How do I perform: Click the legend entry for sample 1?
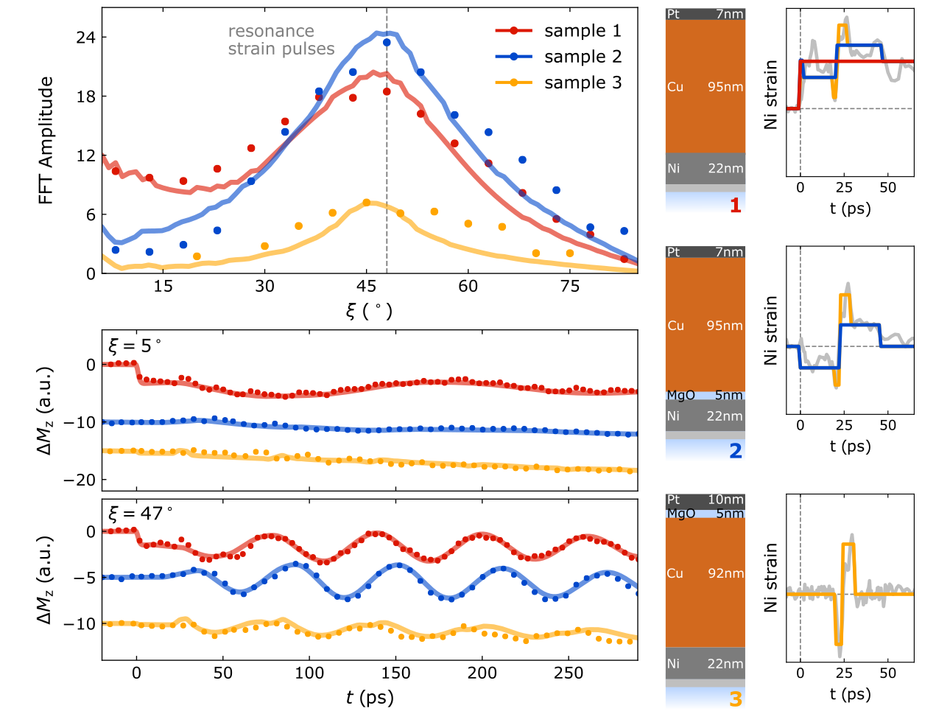(x=582, y=31)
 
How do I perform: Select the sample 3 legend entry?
(x=582, y=83)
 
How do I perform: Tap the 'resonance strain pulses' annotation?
(x=281, y=40)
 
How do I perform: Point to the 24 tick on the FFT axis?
(x=86, y=38)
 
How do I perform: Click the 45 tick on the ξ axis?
(x=366, y=287)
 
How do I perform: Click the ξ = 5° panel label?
(x=135, y=345)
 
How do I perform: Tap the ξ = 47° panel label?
(x=140, y=513)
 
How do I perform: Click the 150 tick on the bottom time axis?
(x=396, y=673)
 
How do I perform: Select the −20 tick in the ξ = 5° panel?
(x=80, y=480)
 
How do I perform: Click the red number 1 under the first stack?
(x=735, y=205)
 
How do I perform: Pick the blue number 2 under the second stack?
(x=735, y=451)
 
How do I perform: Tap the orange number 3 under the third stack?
(x=735, y=698)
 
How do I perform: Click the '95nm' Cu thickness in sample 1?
(x=725, y=87)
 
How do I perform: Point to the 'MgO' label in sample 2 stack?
(x=680, y=396)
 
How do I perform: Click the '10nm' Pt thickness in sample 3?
(x=725, y=500)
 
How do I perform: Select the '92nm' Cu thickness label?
(x=725, y=573)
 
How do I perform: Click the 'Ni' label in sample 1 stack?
(x=674, y=169)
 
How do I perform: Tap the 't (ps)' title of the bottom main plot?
(x=370, y=697)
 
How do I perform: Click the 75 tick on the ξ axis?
(x=570, y=287)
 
